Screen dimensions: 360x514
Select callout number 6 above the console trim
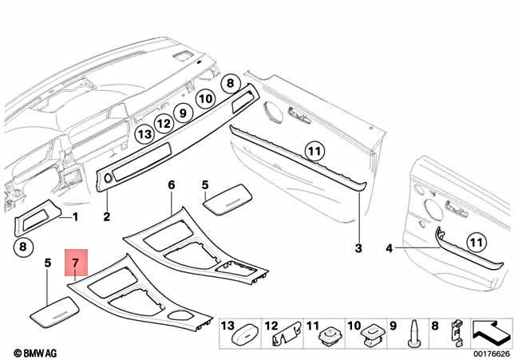click(171, 185)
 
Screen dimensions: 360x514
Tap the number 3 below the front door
click(358, 249)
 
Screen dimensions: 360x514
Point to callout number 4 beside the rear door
click(389, 249)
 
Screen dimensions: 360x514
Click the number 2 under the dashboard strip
click(107, 216)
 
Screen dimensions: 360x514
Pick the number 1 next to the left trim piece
click(76, 216)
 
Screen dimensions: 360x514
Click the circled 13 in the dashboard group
click(144, 134)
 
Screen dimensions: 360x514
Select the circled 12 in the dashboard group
click(163, 124)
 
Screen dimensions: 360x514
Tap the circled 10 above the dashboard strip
click(205, 99)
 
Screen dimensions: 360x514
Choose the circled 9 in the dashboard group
click(182, 113)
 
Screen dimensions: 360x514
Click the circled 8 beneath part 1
click(22, 247)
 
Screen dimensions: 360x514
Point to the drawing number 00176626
click(490, 352)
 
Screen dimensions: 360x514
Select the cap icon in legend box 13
click(243, 337)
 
